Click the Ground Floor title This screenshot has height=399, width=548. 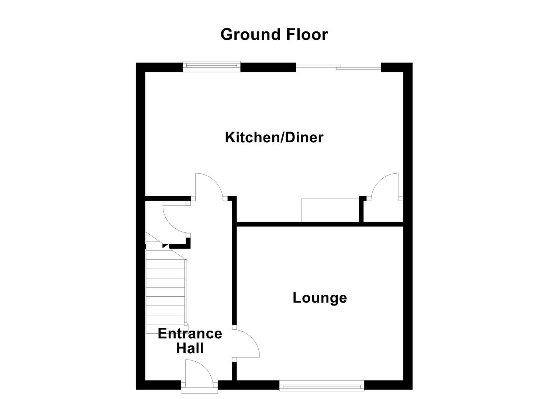click(x=274, y=35)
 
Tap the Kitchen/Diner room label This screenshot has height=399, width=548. click(x=274, y=137)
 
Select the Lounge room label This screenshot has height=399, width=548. click(x=320, y=298)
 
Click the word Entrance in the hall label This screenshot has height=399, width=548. click(x=190, y=334)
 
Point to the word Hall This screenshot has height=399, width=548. click(x=190, y=348)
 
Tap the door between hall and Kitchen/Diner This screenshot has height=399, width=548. click(x=209, y=187)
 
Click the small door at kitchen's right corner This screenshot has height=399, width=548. click(x=386, y=187)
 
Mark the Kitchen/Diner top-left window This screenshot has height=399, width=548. click(x=211, y=66)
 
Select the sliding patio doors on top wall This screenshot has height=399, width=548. click(x=338, y=67)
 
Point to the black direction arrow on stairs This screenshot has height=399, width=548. click(x=165, y=246)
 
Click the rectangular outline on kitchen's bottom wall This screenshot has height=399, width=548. click(x=330, y=210)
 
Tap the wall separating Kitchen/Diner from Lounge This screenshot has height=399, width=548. click(x=320, y=224)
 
